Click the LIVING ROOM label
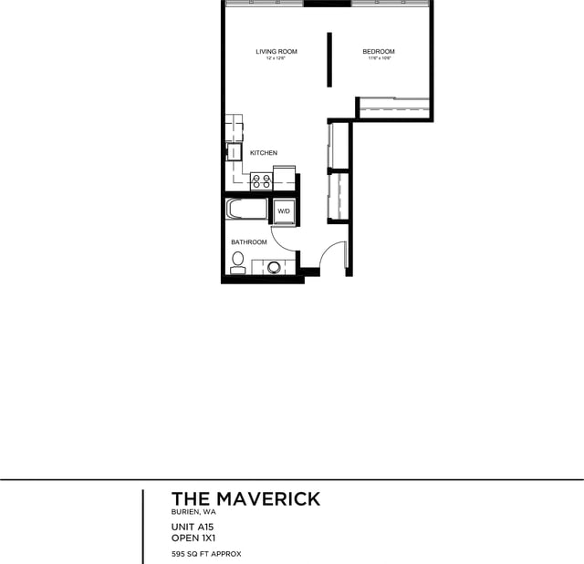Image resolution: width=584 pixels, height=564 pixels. [x=276, y=52]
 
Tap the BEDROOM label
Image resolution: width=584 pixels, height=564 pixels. [x=378, y=52]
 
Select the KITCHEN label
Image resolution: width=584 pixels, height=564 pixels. [x=264, y=153]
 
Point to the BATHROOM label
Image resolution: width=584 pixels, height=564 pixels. [x=248, y=242]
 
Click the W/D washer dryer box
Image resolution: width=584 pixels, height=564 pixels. [x=283, y=211]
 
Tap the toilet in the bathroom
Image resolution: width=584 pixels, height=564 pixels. [x=237, y=265]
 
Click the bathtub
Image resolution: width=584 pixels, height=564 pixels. [x=246, y=210]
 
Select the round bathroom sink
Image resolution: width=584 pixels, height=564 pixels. [x=273, y=267]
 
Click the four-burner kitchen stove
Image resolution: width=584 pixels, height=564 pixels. [x=261, y=180]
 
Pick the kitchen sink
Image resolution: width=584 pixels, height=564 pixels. [x=234, y=152]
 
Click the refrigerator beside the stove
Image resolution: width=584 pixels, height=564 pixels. [x=285, y=178]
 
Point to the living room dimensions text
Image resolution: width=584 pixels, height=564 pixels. [x=276, y=59]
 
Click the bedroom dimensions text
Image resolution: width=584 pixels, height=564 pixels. [x=379, y=59]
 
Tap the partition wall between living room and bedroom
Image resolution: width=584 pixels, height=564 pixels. [x=330, y=59]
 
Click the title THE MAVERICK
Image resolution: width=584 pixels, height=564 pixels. [x=245, y=498]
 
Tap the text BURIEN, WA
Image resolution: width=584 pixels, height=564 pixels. [x=193, y=513]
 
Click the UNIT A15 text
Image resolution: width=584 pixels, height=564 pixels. [x=192, y=527]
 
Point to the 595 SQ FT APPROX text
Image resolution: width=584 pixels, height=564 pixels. [x=206, y=554]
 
